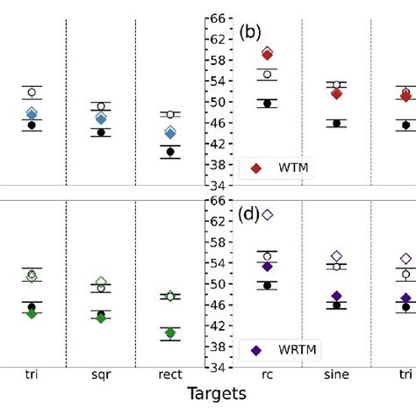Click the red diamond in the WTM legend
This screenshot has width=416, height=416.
pyautogui.click(x=255, y=168)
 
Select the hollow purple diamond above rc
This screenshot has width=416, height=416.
pyautogui.click(x=268, y=215)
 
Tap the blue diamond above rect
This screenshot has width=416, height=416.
pyautogui.click(x=171, y=133)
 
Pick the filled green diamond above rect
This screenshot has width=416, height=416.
pyautogui.click(x=171, y=333)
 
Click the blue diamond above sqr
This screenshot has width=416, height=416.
pyautogui.click(x=101, y=118)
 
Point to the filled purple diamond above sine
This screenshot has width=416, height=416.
pyautogui.click(x=336, y=297)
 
